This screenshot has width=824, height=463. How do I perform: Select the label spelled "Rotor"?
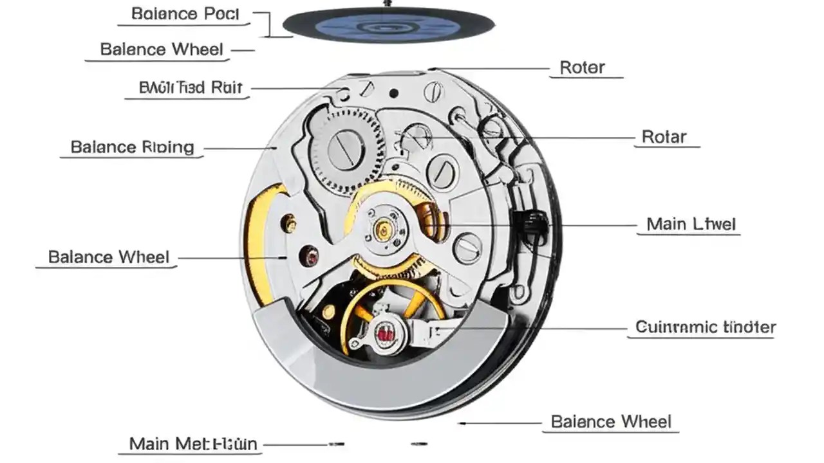coord(583,67)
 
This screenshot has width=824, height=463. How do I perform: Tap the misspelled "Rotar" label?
coord(664,137)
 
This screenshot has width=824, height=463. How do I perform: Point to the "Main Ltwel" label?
coord(691,224)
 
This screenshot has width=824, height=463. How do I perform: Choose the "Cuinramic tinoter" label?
coord(706,327)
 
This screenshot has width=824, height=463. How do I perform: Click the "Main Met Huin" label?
coord(193,444)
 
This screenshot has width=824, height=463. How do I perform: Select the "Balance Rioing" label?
coord(132,147)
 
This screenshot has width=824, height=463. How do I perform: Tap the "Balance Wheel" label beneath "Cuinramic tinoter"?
coord(611,422)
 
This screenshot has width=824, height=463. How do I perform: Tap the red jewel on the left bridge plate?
coord(312,257)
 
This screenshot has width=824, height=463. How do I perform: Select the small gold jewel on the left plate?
coord(291,224)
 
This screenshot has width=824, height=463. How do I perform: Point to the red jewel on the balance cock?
coord(386,334)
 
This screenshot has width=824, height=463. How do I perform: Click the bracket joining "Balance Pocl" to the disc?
coord(270,24)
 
